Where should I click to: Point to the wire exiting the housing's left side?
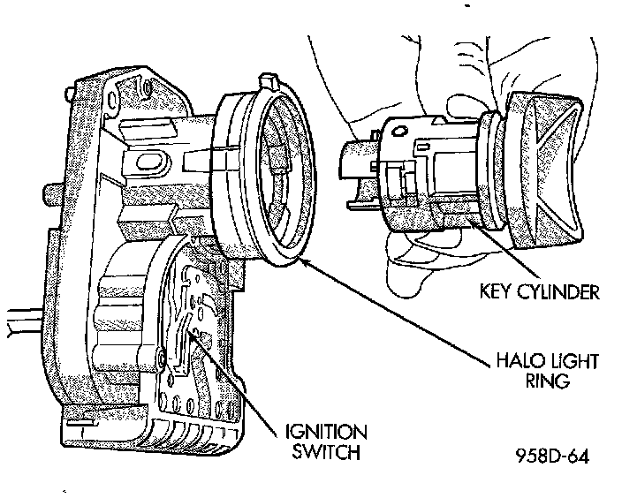pos(22,322)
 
